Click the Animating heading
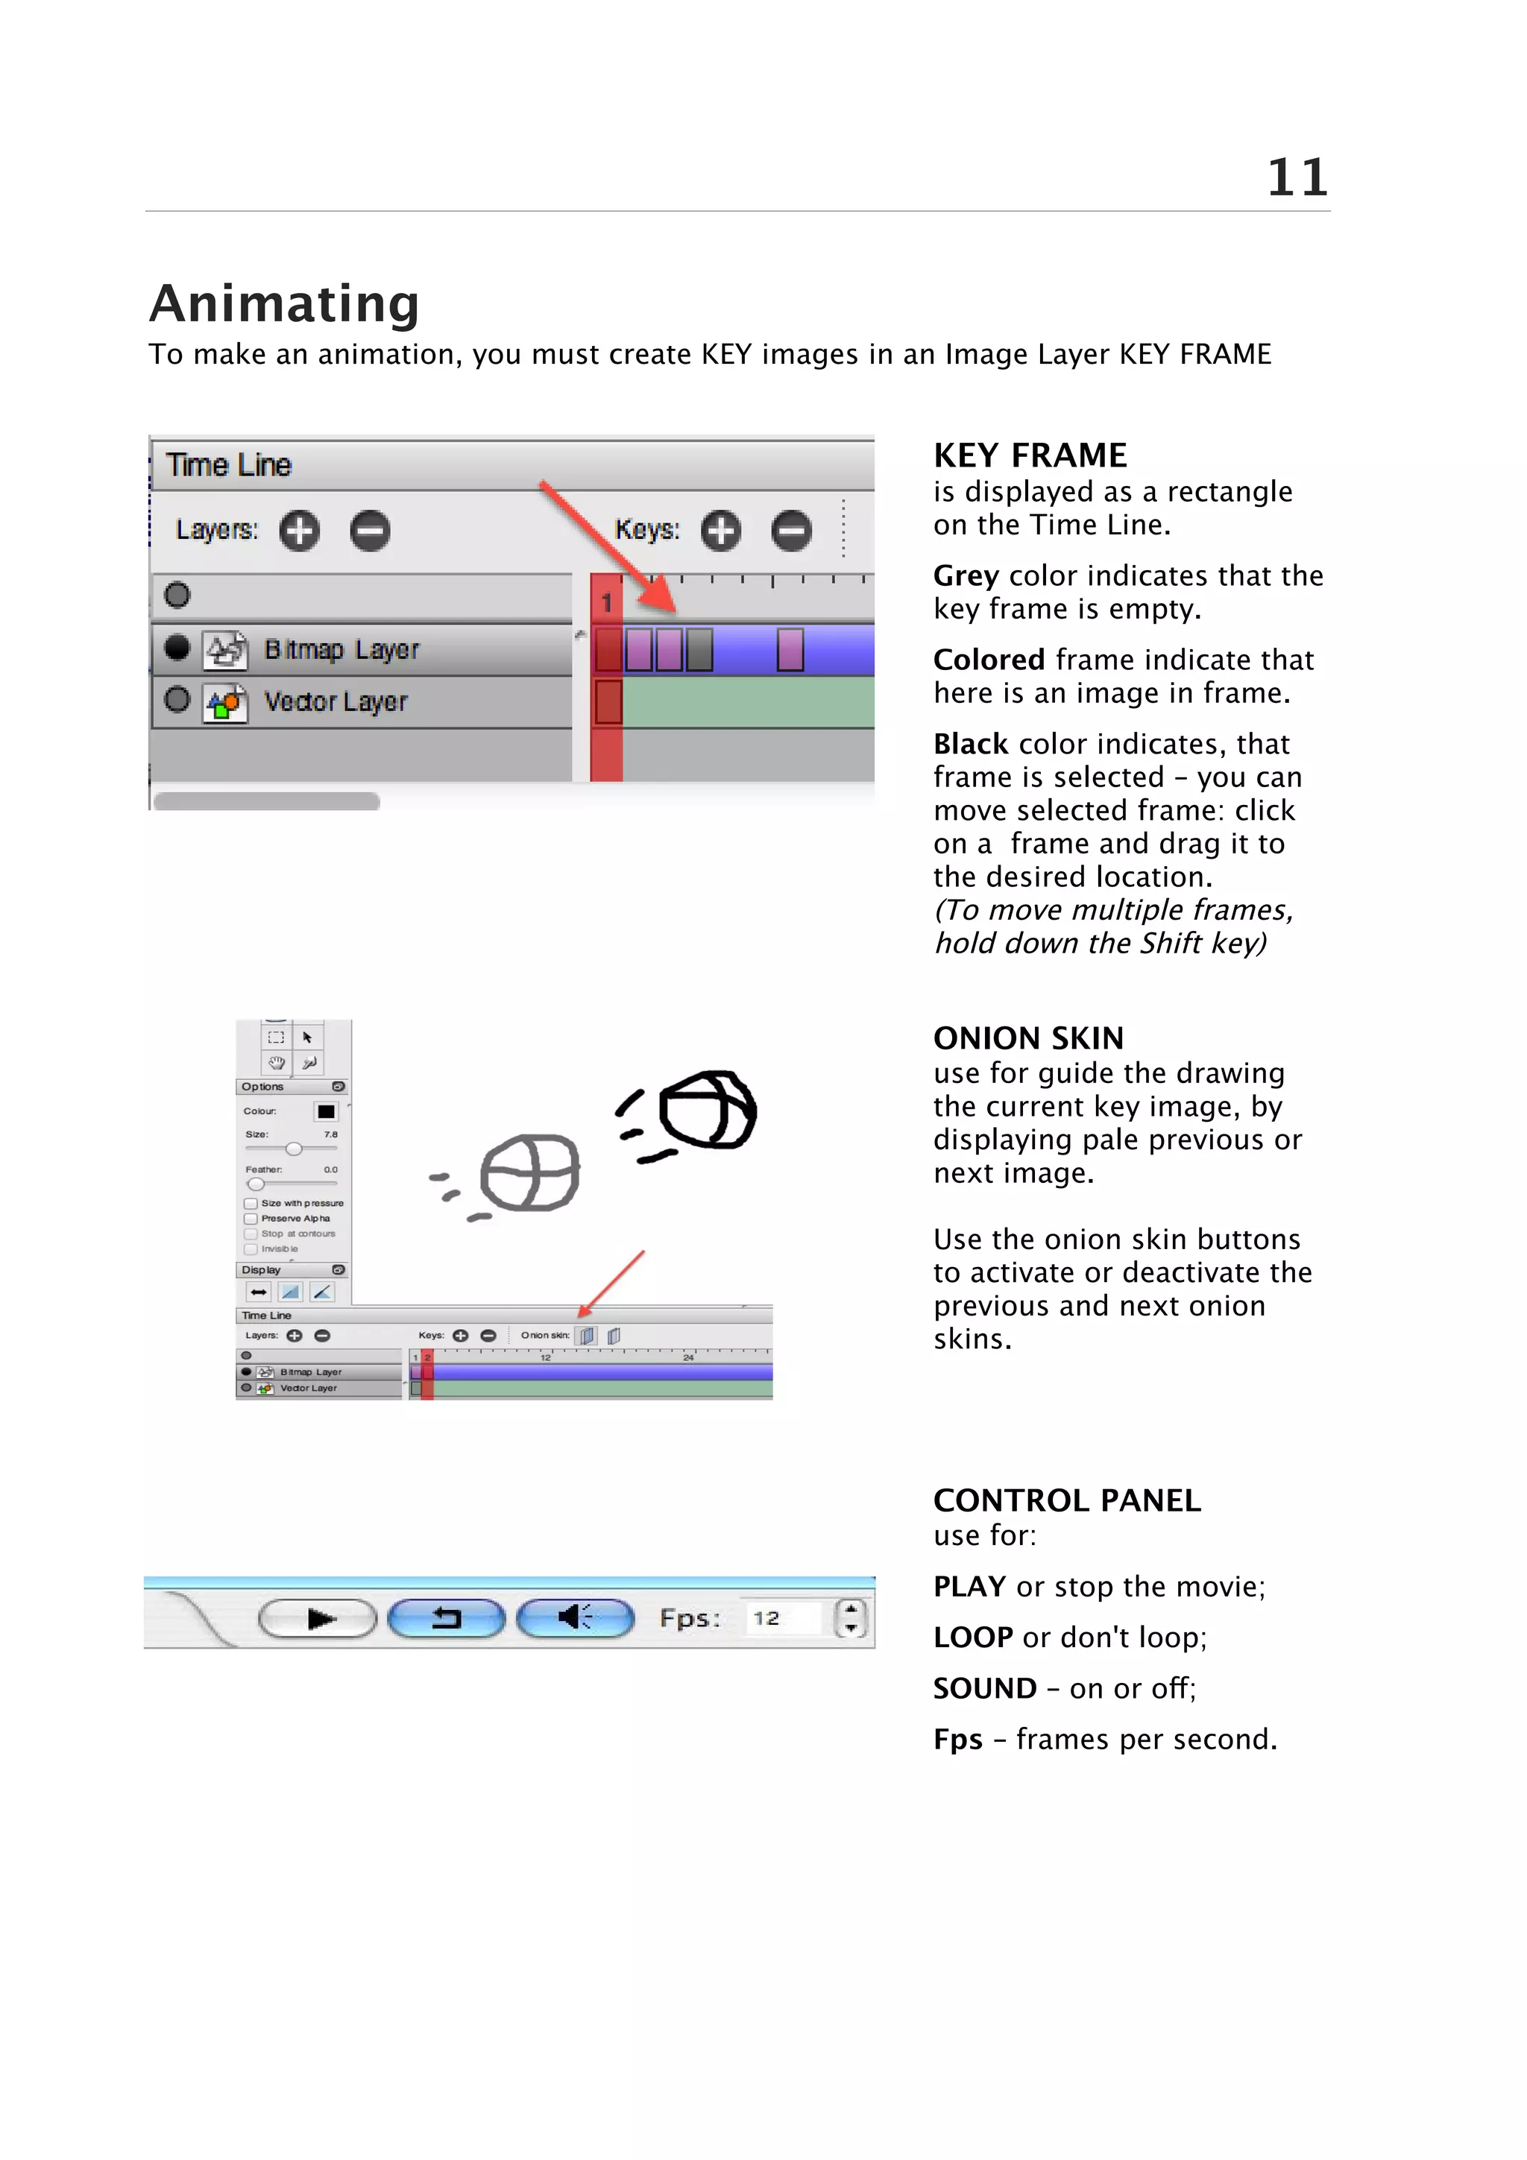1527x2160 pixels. pos(284,304)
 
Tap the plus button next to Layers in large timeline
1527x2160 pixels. pos(299,531)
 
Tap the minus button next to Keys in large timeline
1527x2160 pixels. pos(791,531)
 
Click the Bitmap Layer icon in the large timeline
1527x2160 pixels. pos(225,650)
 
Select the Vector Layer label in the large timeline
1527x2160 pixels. pos(335,702)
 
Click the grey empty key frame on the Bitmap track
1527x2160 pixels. pos(699,650)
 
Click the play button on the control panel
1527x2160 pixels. pos(318,1619)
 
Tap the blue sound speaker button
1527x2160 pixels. pos(576,1618)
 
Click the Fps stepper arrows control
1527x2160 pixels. pos(851,1618)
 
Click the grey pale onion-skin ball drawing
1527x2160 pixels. pos(529,1173)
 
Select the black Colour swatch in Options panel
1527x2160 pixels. pos(326,1111)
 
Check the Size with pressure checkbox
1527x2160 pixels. pos(251,1203)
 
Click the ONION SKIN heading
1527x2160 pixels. pos(1027,1038)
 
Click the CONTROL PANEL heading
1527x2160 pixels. pos(1066,1500)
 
